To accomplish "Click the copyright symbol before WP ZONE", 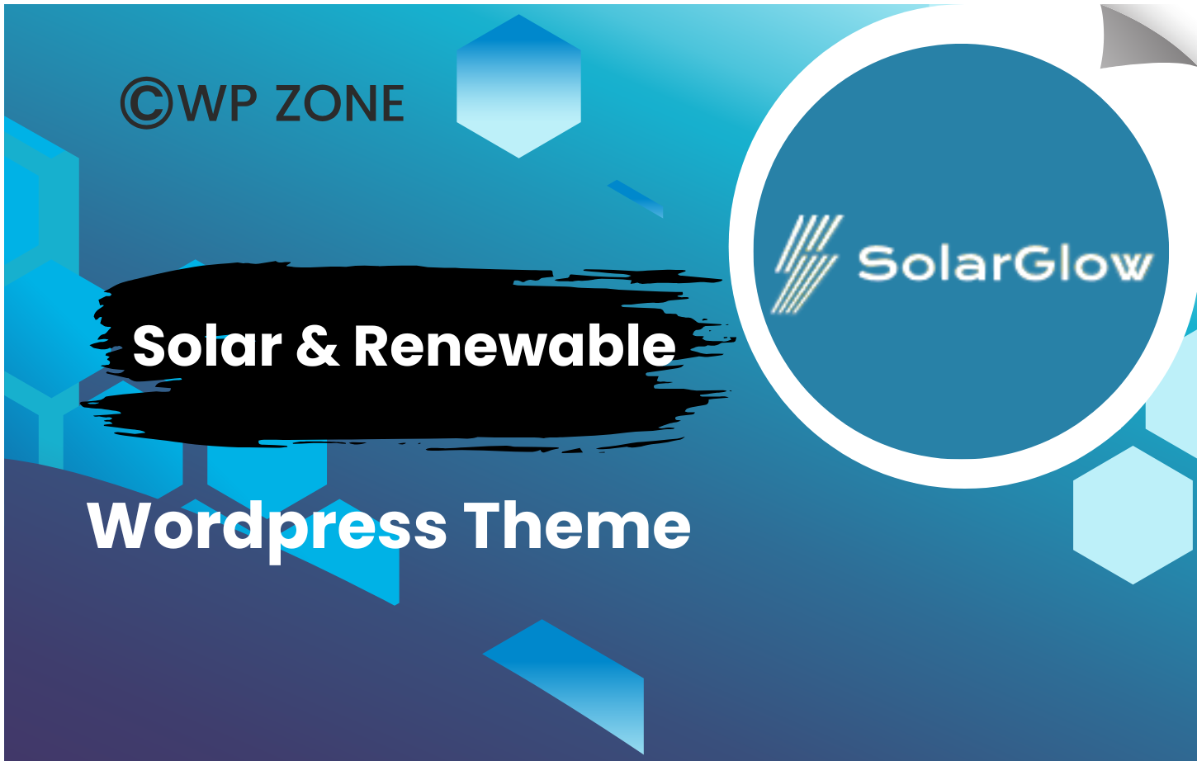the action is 147,102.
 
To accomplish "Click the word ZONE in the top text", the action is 340,103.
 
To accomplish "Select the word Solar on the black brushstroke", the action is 207,347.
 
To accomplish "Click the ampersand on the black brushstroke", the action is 318,347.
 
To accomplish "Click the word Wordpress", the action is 267,528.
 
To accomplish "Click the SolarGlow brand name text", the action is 1005,262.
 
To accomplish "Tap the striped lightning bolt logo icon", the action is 807,264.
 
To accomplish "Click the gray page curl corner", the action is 1147,36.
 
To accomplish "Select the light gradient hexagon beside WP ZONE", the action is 519,86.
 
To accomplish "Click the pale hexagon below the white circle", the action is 1133,515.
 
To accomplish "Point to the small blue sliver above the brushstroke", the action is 636,199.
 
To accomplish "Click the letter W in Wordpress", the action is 119,524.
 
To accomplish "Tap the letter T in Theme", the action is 485,524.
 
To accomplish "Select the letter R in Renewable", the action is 371,347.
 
